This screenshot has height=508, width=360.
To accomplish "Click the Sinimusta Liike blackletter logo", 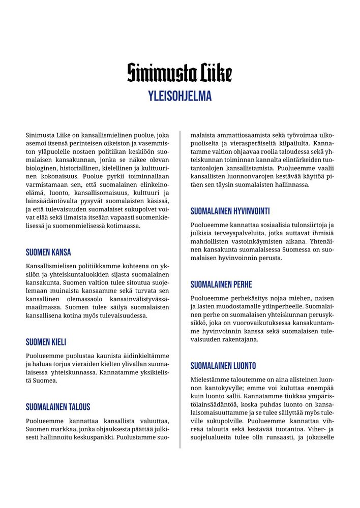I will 179,73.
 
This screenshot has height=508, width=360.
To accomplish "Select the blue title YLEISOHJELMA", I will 179,96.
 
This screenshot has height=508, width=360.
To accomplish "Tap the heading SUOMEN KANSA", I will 48,252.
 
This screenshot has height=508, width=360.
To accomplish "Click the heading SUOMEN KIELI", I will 46,342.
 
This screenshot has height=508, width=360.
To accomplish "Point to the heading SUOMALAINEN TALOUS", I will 58,406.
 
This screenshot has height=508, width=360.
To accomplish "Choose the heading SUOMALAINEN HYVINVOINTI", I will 230,211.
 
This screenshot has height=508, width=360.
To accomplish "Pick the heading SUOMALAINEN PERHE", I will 221,284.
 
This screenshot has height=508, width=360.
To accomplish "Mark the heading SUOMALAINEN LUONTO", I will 223,366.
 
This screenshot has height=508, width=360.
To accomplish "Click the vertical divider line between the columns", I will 180,290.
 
